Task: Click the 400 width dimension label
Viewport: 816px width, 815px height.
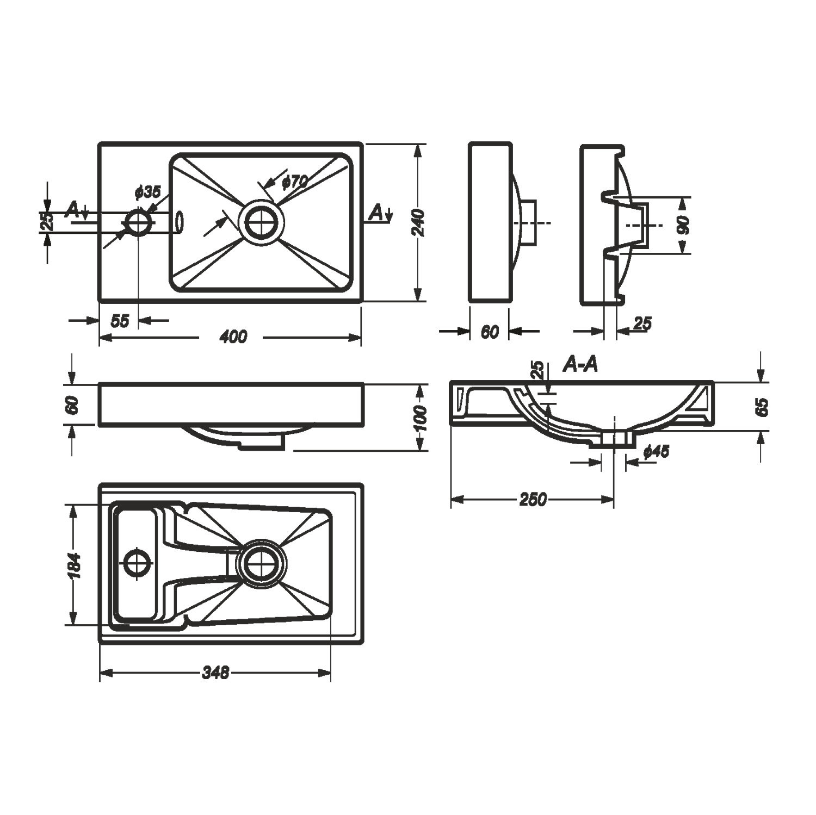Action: (x=233, y=337)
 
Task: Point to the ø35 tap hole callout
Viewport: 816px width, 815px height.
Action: (x=147, y=192)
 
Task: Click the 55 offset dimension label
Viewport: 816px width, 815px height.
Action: (x=120, y=321)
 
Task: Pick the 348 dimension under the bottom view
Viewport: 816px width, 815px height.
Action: (x=215, y=673)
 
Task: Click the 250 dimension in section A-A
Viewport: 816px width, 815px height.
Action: (x=533, y=499)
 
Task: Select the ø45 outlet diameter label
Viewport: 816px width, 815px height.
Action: (x=656, y=451)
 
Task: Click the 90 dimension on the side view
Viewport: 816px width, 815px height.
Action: (x=684, y=225)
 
